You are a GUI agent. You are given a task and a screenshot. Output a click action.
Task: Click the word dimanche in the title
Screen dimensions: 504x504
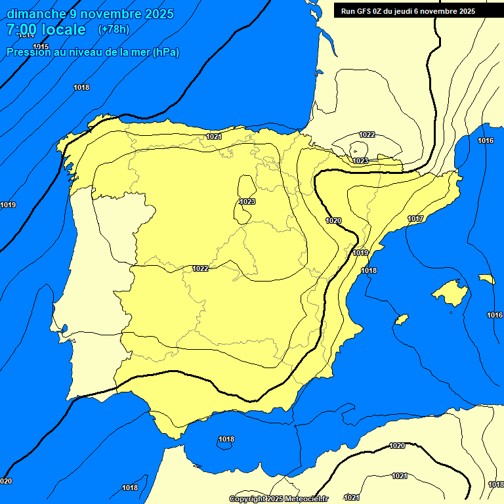coord(36,14)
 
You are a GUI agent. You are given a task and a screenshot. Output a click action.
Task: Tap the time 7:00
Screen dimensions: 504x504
coord(20,30)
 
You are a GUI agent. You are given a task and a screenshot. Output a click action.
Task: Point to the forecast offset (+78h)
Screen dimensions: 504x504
coord(114,30)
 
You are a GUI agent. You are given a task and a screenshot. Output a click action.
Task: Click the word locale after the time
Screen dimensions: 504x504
coord(63,30)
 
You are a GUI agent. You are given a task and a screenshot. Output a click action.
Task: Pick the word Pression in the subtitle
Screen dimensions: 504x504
coord(26,52)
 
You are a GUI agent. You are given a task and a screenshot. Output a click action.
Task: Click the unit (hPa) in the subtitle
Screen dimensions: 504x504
coord(165,52)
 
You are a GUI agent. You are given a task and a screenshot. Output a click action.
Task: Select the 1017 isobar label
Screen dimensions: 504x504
coord(415,219)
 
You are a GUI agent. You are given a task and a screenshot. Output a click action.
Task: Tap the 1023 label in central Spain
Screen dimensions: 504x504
coord(247,201)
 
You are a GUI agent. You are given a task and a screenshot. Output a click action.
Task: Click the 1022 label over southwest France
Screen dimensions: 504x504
coord(367,135)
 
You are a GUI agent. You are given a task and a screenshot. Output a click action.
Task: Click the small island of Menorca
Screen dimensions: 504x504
coord(486,279)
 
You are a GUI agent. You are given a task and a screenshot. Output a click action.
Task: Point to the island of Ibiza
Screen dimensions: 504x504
coord(401,320)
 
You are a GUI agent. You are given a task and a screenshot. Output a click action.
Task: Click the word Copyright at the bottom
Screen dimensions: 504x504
coord(248,499)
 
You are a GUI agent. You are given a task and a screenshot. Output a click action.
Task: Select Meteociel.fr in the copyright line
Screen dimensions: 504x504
coord(307,499)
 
